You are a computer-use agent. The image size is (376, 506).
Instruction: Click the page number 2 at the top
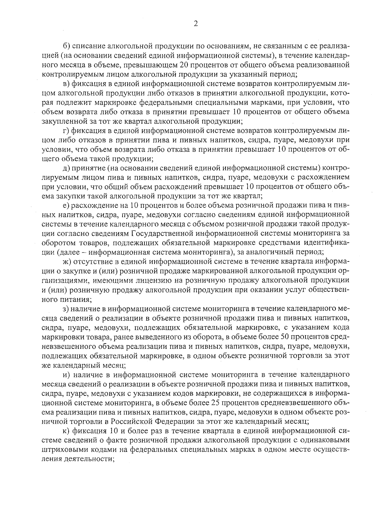[196, 24]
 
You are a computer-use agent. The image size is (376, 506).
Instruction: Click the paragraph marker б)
[66, 47]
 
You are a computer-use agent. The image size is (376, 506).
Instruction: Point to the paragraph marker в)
[66, 84]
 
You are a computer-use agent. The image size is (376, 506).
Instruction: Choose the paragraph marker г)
[66, 131]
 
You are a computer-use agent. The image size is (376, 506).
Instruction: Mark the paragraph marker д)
[66, 168]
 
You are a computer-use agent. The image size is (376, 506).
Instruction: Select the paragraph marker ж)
[67, 261]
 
